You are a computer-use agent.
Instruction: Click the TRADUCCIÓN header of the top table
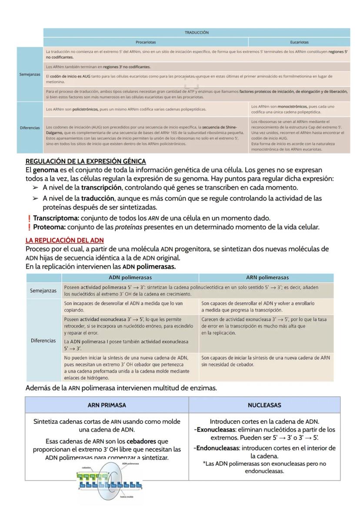tap(197, 33)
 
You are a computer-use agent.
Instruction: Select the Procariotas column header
tap(146, 43)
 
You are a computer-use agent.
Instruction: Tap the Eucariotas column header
tap(299, 43)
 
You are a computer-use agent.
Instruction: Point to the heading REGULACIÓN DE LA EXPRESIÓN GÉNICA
tap(86, 162)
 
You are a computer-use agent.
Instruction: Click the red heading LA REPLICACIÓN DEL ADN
tap(65, 240)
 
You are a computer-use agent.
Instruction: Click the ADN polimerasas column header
tap(130, 277)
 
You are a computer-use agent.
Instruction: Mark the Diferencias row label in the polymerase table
tap(44, 341)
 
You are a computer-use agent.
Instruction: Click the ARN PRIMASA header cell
tap(107, 405)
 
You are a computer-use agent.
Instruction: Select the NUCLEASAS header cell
tap(264, 405)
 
